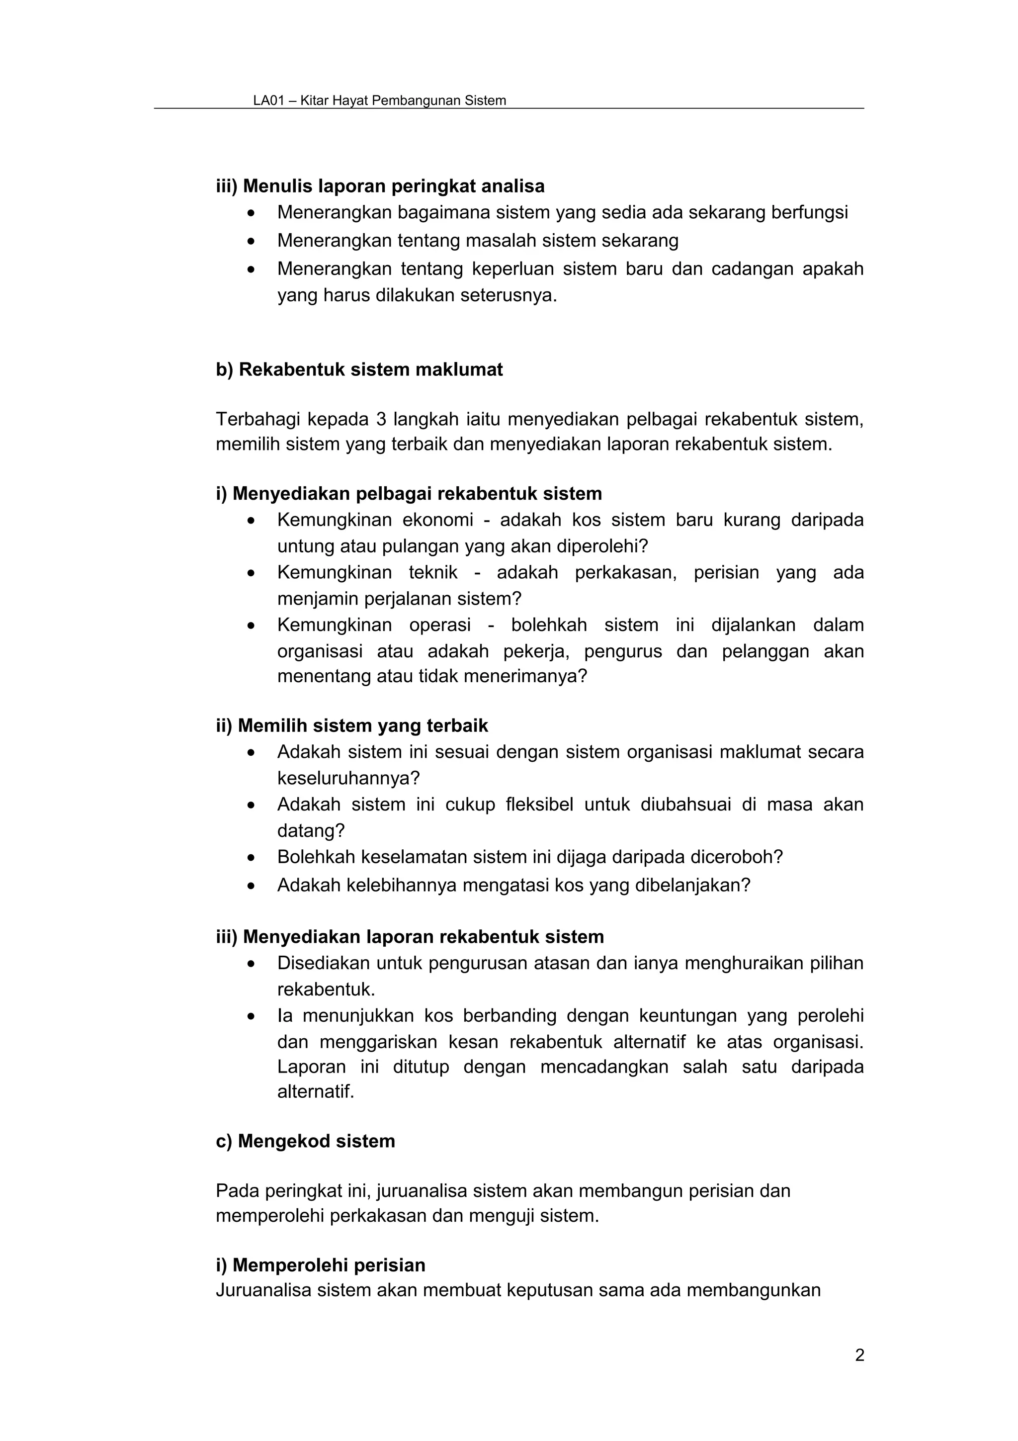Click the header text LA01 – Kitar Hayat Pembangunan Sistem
click(x=379, y=100)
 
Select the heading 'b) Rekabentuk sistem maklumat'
click(x=359, y=369)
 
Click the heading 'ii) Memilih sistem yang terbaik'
click(x=352, y=725)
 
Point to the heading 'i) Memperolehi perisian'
click(x=320, y=1264)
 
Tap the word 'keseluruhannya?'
click(x=348, y=778)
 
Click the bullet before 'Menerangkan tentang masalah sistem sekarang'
click(x=252, y=241)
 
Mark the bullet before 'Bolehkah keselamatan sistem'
click(x=252, y=858)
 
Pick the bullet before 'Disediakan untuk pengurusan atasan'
click(x=252, y=963)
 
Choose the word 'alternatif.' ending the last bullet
click(x=316, y=1092)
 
